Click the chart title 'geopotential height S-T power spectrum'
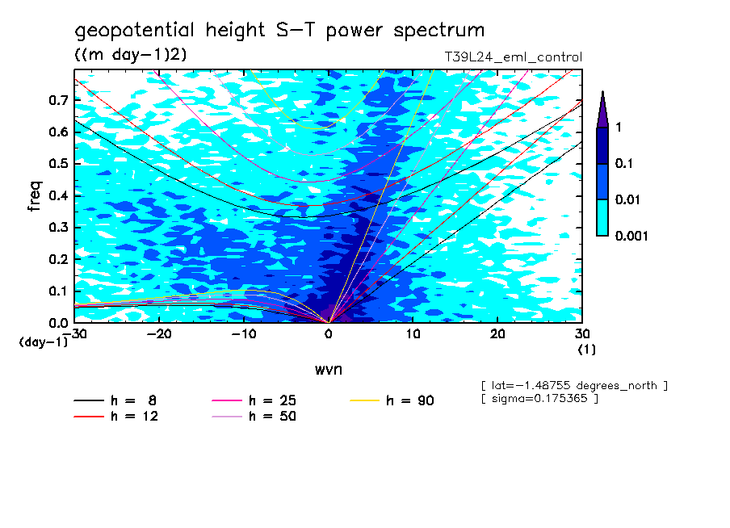(x=279, y=31)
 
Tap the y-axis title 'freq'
(x=35, y=195)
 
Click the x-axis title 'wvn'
(x=328, y=369)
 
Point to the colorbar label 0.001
(x=633, y=236)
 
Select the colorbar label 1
(x=619, y=128)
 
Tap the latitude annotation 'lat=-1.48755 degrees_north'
(x=574, y=385)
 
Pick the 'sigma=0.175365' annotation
(x=539, y=400)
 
